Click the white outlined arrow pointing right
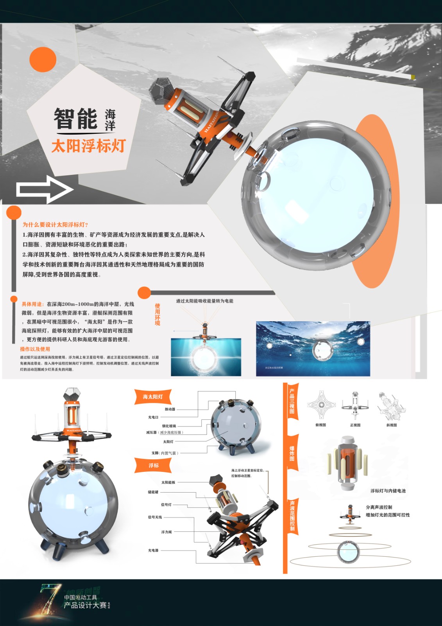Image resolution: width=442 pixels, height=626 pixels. pos(44,190)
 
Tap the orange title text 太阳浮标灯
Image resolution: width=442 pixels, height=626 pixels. pos(88,146)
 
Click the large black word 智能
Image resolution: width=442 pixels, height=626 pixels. pos(75,119)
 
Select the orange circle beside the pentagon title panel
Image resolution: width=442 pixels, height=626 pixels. pos(43,59)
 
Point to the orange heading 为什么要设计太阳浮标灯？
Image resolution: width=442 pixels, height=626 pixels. pos(55,225)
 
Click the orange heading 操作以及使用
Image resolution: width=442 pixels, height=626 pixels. pos(35,349)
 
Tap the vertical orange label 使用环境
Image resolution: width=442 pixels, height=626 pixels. pos(157,314)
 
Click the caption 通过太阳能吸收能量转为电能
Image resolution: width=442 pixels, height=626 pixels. pos(204,301)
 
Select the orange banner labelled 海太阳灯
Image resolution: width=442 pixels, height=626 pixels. pos(153,397)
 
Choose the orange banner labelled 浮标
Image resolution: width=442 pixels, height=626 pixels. pos(154,465)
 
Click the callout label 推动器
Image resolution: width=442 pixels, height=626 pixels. pos(170,409)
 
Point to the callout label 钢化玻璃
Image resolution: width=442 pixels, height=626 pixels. pos(169,426)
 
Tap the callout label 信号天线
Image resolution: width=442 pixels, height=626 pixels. pos(155,517)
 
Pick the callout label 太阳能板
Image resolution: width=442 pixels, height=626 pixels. pos(168,482)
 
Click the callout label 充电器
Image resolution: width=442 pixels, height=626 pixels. pos(153,550)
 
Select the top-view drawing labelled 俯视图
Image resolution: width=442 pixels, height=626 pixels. pos(321,405)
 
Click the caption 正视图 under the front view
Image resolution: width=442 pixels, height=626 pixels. pos(355,425)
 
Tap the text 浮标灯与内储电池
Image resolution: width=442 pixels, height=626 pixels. pos(388,491)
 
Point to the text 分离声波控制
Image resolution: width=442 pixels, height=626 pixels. pos(379,507)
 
